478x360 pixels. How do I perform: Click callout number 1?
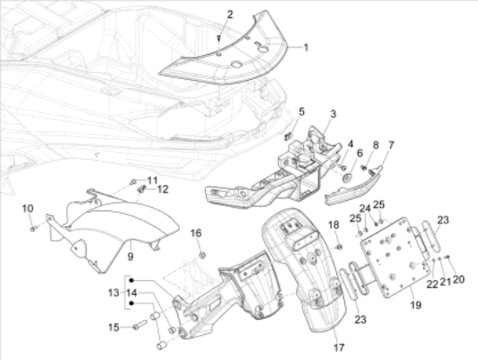[x=306, y=47]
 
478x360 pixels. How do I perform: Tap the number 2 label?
[x=229, y=14]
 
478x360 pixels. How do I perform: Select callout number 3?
[x=333, y=114]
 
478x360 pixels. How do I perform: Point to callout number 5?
[x=302, y=111]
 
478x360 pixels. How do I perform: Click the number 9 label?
[x=130, y=257]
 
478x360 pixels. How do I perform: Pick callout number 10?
[x=28, y=209]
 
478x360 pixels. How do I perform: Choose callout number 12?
[x=163, y=190]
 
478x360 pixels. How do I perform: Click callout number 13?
[x=113, y=293]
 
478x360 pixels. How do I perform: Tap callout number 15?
[x=113, y=328]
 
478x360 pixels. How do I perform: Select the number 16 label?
[x=196, y=233]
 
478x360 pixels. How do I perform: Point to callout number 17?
[x=339, y=347]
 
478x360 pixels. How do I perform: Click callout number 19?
[x=415, y=304]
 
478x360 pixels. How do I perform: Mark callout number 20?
[x=459, y=279]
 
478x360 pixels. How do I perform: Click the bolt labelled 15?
[x=140, y=324]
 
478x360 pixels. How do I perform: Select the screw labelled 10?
[x=33, y=228]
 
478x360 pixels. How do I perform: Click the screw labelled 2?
[x=219, y=39]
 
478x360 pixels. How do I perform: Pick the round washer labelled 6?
[x=347, y=178]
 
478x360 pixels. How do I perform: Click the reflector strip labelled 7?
[x=354, y=186]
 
